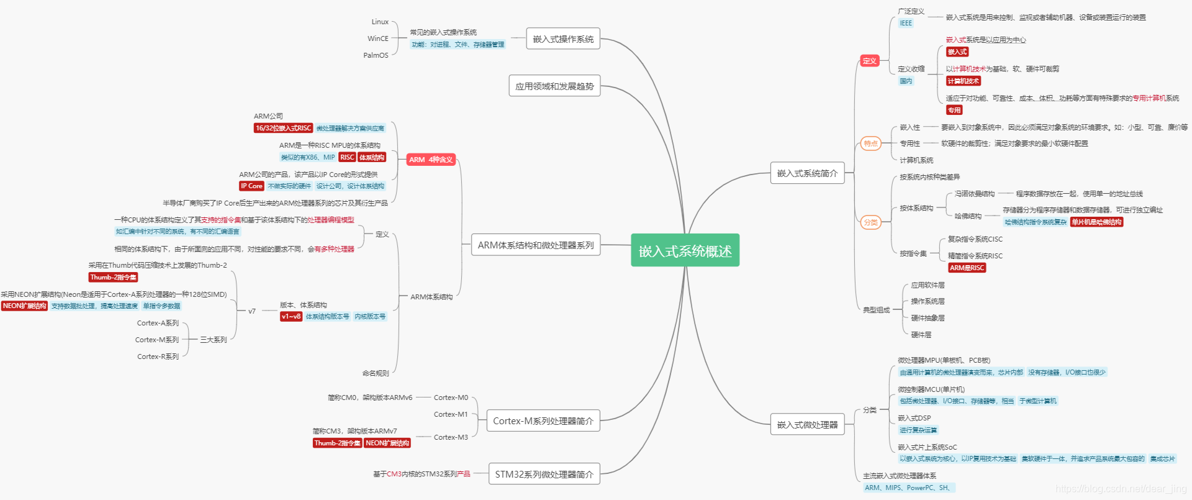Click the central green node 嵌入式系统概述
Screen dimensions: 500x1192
point(685,250)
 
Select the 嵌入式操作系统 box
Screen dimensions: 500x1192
point(563,39)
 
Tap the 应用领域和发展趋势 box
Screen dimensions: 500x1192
point(554,86)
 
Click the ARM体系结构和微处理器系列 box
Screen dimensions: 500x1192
point(535,245)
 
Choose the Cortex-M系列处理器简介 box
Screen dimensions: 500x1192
point(543,421)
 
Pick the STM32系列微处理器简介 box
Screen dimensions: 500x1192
point(544,475)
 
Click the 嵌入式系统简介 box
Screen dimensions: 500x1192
point(807,173)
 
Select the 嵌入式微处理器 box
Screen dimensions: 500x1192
point(807,425)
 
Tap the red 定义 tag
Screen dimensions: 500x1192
point(869,61)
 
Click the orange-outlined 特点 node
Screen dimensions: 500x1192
point(870,143)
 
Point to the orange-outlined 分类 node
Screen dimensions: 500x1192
point(870,222)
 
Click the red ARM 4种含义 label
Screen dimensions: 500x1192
point(431,160)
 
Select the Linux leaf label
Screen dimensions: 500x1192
point(380,22)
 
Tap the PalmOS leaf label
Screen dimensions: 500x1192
point(376,55)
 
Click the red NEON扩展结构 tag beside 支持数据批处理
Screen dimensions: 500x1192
point(24,306)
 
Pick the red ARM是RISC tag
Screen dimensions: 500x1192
point(967,268)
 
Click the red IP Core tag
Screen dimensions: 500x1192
point(251,186)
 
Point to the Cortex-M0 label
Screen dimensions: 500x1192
point(451,398)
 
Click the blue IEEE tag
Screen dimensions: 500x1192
point(906,24)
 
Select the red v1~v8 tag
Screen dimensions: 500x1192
point(291,317)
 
